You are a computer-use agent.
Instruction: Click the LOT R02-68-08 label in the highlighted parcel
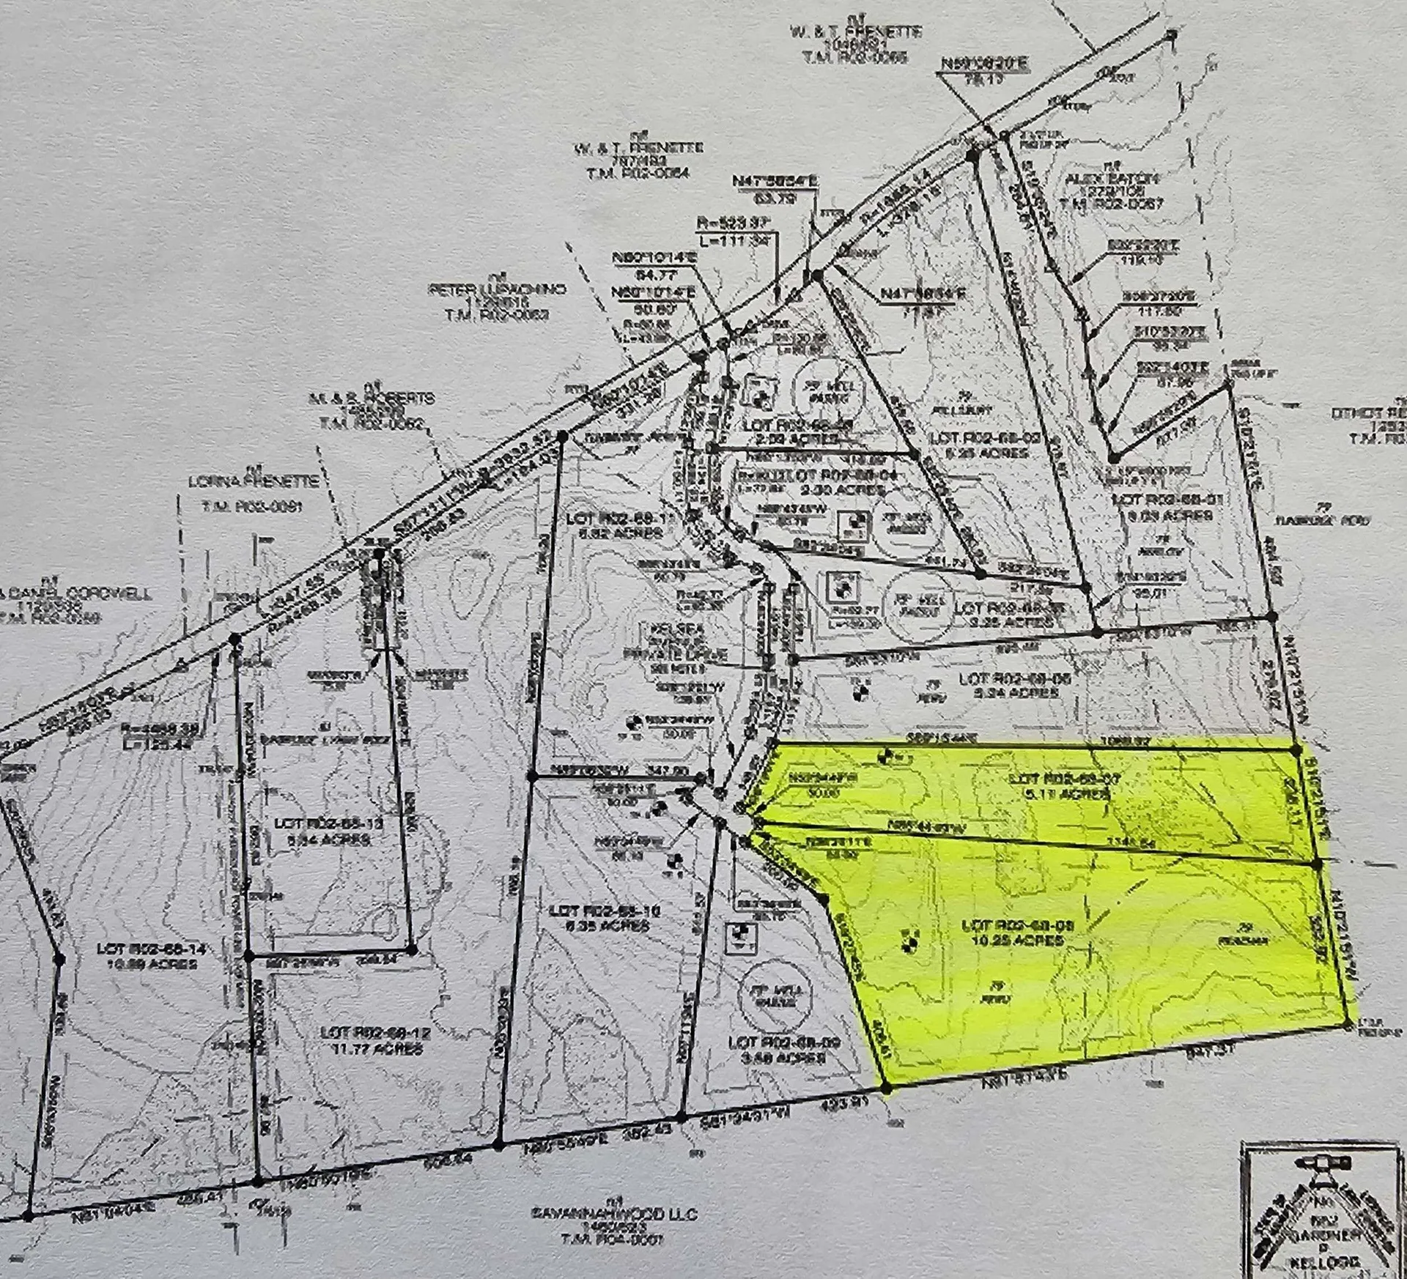(x=1018, y=926)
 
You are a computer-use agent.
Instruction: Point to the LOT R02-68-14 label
(x=151, y=949)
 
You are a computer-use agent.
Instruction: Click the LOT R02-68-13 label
(x=329, y=823)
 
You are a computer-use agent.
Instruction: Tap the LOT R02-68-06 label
(x=1015, y=679)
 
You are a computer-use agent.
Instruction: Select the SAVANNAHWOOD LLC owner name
(x=615, y=1214)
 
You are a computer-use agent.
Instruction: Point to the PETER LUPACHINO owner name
(x=497, y=289)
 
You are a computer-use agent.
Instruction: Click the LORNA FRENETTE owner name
(x=254, y=481)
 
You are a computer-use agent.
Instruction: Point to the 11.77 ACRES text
(x=375, y=1049)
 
